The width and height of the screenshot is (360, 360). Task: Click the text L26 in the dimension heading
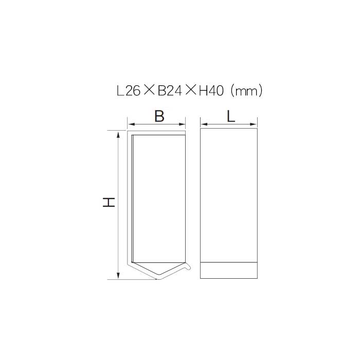pos(129,91)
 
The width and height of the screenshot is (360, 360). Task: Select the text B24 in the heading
pos(170,91)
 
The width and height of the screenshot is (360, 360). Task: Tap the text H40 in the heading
pos(211,91)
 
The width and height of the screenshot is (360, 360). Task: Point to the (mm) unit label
pos(246,91)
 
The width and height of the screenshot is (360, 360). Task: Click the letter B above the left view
pos(159,116)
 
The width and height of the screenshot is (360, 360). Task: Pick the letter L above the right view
pos(231,116)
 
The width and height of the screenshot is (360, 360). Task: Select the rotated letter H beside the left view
pos(109,202)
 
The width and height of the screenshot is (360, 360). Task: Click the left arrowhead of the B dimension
pos(131,124)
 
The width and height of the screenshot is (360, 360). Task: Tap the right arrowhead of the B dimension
pos(182,124)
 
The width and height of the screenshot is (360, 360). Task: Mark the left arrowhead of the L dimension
pos(204,124)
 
